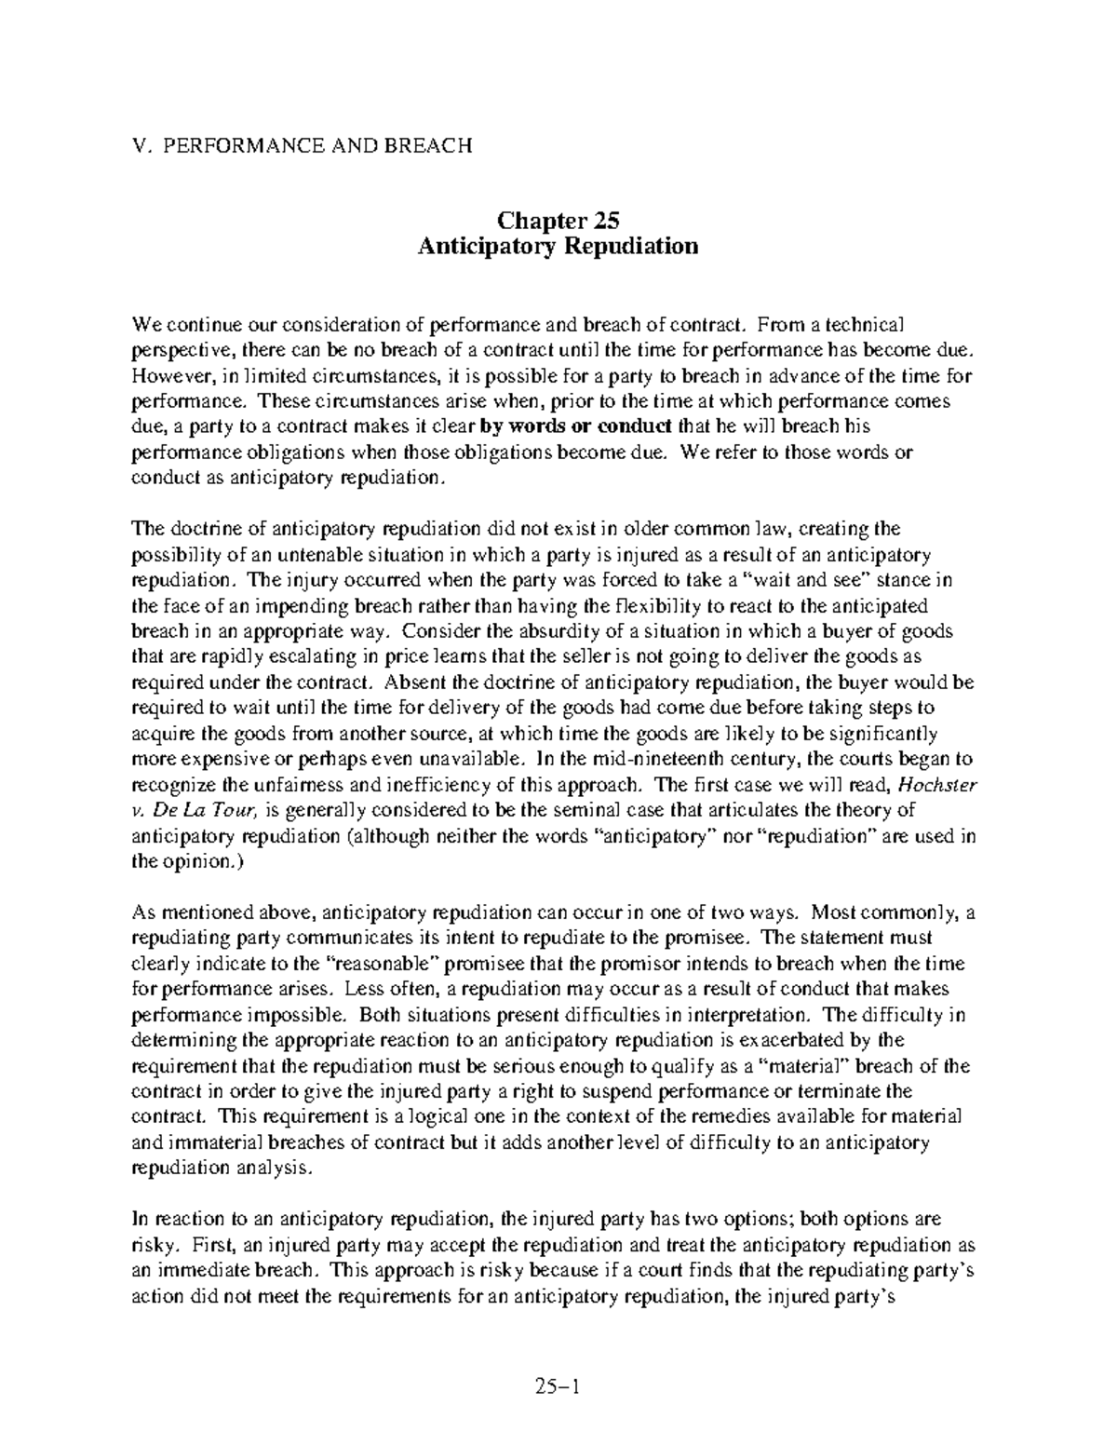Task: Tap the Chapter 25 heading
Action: [x=558, y=221]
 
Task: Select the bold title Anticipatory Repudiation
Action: [x=558, y=247]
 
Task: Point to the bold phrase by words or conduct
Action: [x=575, y=427]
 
